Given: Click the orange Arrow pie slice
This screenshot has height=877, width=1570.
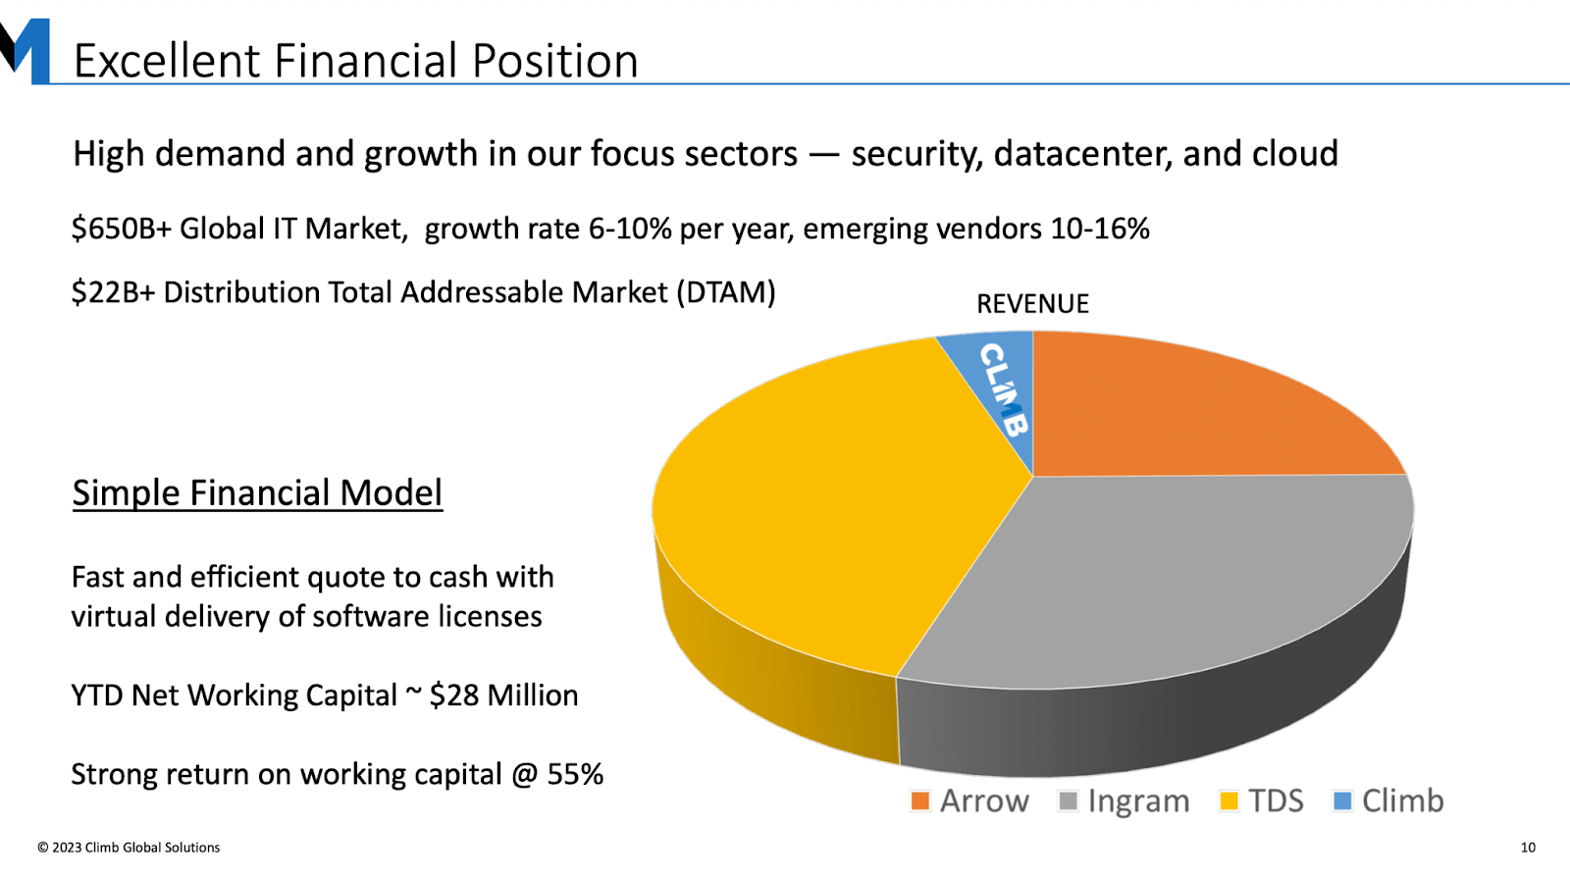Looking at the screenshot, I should coord(1177,412).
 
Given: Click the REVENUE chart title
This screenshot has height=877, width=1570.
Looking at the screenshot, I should coord(1032,304).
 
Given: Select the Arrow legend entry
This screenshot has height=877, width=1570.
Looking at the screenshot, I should coord(969,800).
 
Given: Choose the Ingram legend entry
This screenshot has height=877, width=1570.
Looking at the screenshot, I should coord(1124,800).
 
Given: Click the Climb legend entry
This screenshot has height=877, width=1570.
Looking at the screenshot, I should coord(1388,800).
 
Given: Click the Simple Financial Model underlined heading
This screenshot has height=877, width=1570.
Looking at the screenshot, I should coord(257,492).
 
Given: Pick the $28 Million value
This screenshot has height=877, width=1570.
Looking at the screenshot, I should coord(503,695).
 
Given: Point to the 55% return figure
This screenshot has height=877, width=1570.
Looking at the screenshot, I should coord(575,774).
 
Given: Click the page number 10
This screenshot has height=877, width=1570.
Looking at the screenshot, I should coord(1528,848).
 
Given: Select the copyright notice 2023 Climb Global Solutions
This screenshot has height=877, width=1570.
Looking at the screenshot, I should coord(129,848).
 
